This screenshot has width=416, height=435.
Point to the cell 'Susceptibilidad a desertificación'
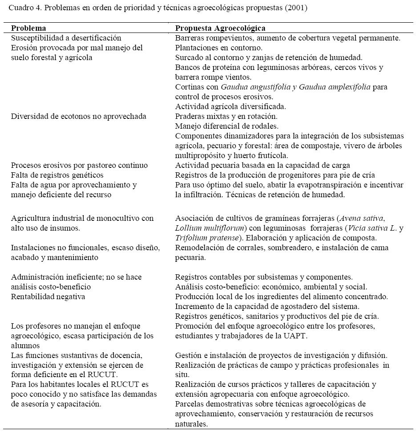pos(66,38)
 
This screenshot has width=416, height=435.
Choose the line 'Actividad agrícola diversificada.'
pos(230,107)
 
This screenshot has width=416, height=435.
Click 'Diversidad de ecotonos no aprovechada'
pos(79,117)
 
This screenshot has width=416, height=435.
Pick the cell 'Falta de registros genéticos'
pos(57,175)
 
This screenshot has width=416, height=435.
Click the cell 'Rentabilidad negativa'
pos(48,297)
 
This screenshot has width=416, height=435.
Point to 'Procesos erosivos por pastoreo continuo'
pos(79,166)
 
